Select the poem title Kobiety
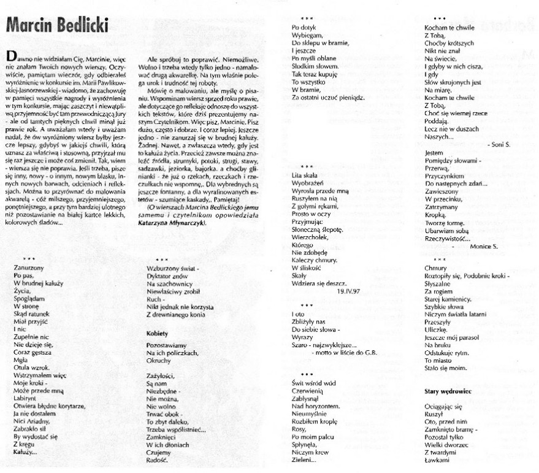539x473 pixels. (158, 333)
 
